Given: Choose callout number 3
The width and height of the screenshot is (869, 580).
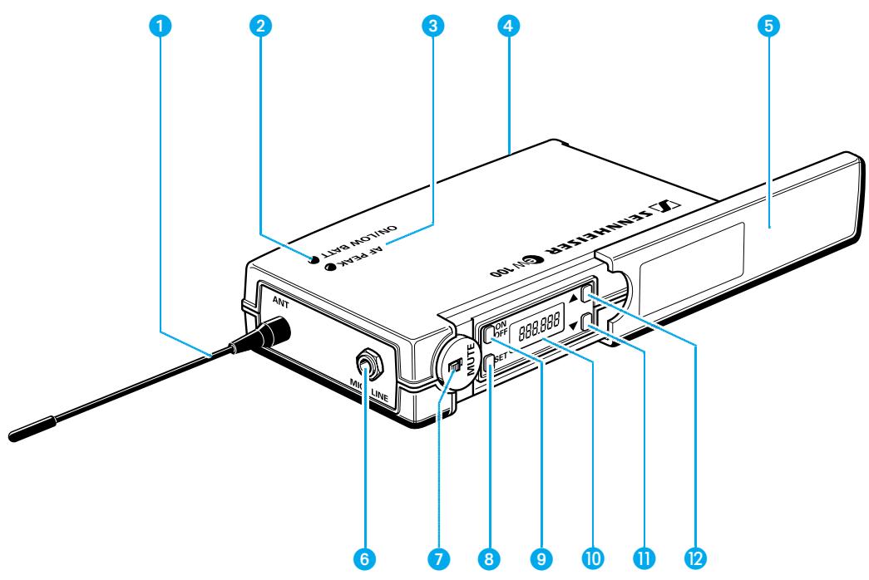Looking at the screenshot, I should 430,26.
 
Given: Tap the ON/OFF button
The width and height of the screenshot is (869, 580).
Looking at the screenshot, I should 489,332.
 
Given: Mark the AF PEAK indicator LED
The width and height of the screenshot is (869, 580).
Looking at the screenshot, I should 330,267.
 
